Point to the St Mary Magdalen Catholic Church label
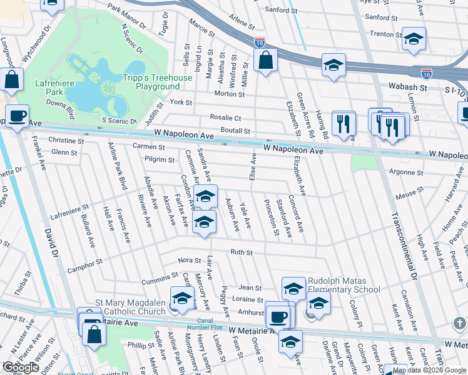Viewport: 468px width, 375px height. [130, 306]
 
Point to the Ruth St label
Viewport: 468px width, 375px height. [241, 252]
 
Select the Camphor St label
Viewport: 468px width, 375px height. [86, 266]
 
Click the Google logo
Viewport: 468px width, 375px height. [21, 367]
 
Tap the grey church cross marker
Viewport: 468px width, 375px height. [460, 322]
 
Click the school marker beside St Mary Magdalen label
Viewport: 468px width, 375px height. [182, 299]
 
